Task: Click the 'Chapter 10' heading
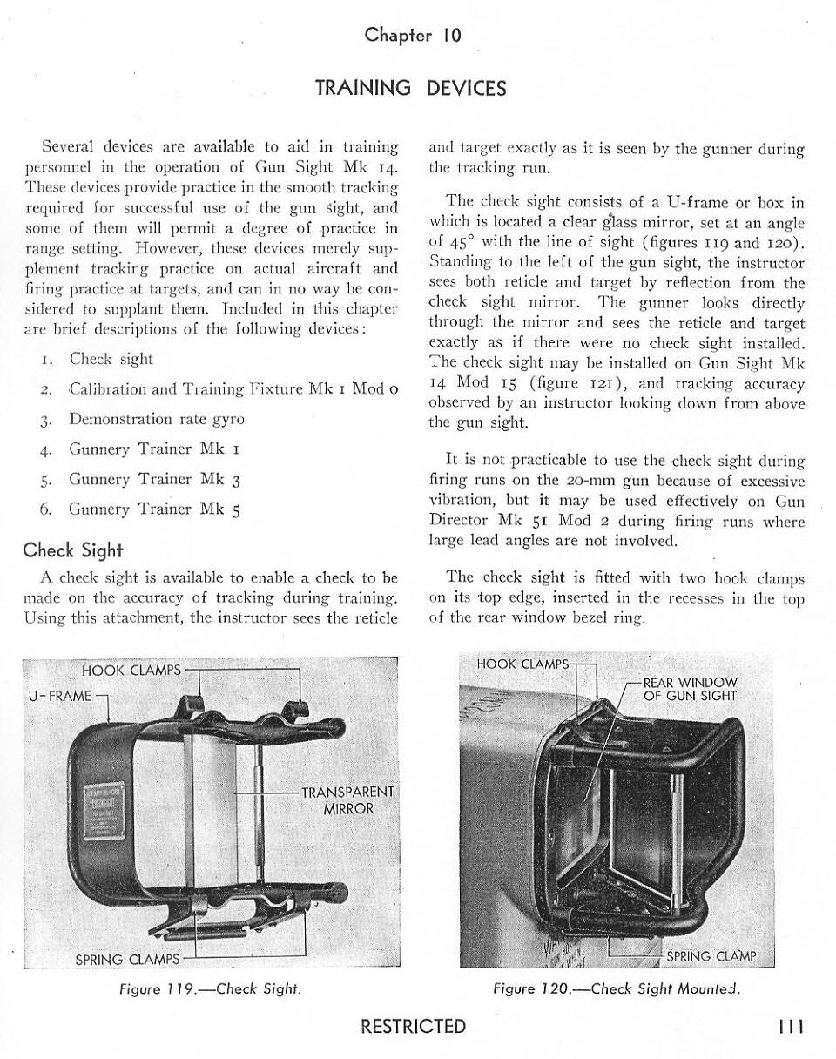[413, 36]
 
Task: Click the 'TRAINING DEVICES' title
[410, 88]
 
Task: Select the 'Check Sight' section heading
[73, 550]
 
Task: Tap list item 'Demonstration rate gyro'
[157, 419]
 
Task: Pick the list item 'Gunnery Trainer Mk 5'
[154, 509]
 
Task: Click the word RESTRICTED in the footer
[413, 1027]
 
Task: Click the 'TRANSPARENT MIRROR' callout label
[347, 799]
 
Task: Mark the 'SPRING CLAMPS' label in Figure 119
[127, 960]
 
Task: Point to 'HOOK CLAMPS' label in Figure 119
[131, 670]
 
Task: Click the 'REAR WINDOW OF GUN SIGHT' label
[690, 689]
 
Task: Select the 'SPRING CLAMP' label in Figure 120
[711, 956]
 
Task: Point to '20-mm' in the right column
[584, 481]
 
